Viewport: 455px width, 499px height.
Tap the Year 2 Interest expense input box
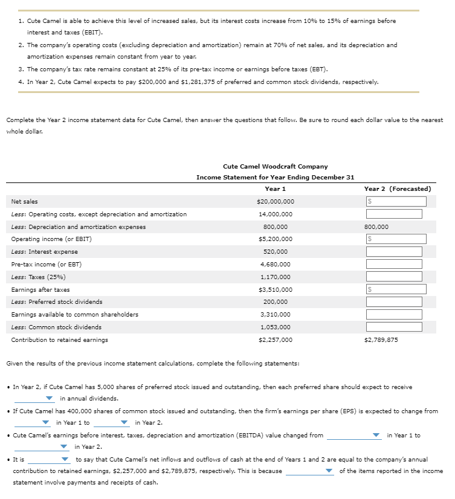point(393,252)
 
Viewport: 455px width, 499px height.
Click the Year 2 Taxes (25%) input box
point(393,277)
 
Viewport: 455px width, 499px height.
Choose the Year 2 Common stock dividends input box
point(393,327)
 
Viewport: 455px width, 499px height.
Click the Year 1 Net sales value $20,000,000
point(276,201)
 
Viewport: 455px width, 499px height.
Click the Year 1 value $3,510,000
point(276,290)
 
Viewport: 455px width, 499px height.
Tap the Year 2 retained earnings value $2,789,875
point(381,340)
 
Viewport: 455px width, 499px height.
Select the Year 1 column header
point(276,188)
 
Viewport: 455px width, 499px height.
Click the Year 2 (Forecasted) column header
point(397,188)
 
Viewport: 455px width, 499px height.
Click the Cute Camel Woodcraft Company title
point(276,166)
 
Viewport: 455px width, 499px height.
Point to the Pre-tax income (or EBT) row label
point(47,265)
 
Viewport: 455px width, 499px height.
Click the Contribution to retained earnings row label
point(60,340)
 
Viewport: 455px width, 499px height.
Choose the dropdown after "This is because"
point(311,471)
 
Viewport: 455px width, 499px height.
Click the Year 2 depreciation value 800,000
point(376,227)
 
